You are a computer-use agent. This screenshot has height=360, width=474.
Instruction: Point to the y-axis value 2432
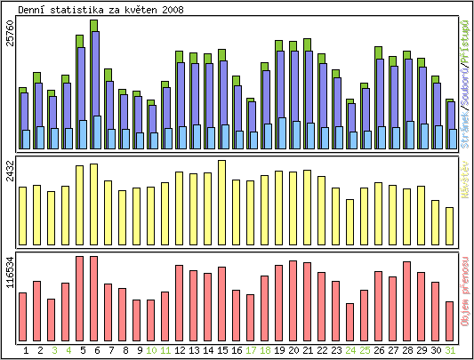(x=10, y=172)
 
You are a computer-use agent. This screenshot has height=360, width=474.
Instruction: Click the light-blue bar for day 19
(x=281, y=133)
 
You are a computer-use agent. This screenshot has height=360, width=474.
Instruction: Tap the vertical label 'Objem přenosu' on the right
(x=464, y=292)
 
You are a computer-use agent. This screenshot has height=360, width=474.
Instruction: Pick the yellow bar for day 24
(x=349, y=221)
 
